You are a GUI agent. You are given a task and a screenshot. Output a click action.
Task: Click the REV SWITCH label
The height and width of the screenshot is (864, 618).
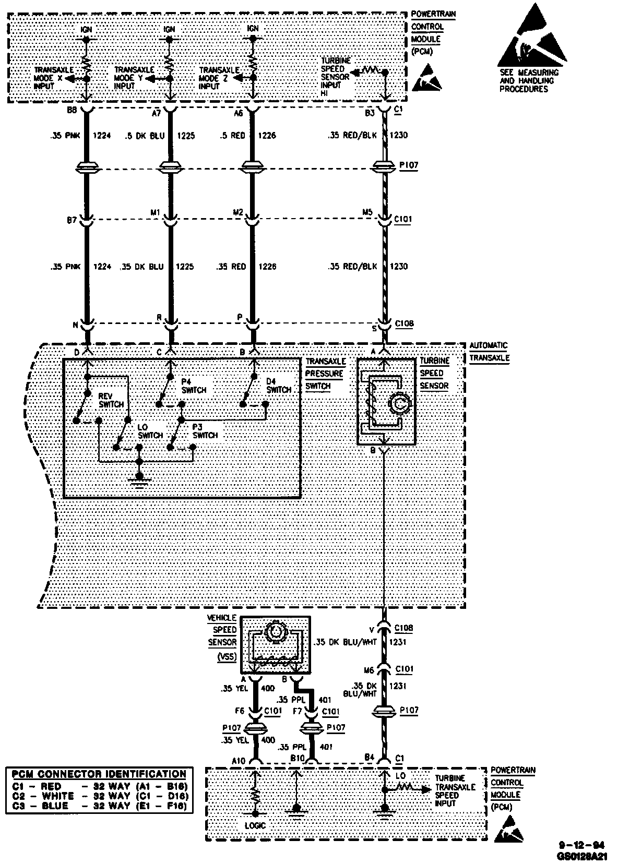coord(111,401)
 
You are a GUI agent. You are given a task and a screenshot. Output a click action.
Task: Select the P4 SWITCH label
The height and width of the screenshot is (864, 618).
coord(194,386)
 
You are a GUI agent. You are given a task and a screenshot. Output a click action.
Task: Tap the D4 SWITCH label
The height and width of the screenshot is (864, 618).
coord(278,386)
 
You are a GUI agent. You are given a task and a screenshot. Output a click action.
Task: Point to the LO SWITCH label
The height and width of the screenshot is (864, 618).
coord(150,431)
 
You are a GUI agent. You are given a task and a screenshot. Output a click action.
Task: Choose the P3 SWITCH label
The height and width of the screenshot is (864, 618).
coord(205,431)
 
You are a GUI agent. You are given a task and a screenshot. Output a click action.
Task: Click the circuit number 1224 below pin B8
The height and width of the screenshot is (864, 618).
coord(102,136)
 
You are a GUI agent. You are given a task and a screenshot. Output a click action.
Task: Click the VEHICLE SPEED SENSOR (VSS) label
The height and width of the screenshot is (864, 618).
coord(222,637)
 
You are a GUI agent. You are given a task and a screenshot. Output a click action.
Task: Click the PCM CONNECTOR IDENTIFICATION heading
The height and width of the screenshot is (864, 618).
coord(99,774)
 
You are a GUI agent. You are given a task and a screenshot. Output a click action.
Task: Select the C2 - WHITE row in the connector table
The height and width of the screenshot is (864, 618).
coord(99,796)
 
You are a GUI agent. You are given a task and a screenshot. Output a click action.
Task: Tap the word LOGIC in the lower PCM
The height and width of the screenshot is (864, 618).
coord(256,825)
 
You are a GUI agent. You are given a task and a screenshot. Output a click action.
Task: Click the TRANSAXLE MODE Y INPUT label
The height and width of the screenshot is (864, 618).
coord(133,78)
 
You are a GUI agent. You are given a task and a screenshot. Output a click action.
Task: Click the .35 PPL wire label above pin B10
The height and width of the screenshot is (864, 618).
coord(291,747)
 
